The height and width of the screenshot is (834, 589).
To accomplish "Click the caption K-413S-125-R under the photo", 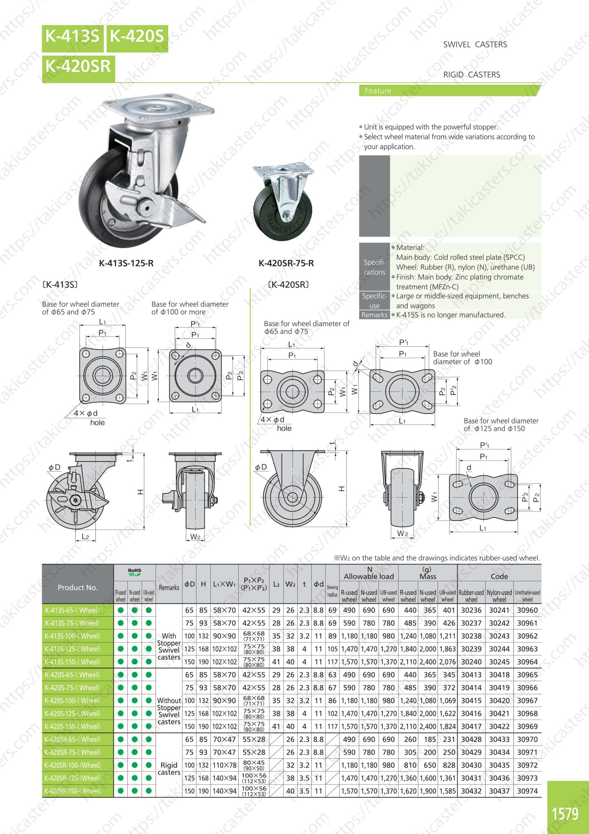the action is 126,263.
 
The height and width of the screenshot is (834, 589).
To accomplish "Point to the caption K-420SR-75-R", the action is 286,263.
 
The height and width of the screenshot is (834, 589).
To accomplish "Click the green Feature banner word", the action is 378,91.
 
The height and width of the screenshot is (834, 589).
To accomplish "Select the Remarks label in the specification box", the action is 374,315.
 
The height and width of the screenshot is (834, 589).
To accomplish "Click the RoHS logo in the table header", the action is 134,572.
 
